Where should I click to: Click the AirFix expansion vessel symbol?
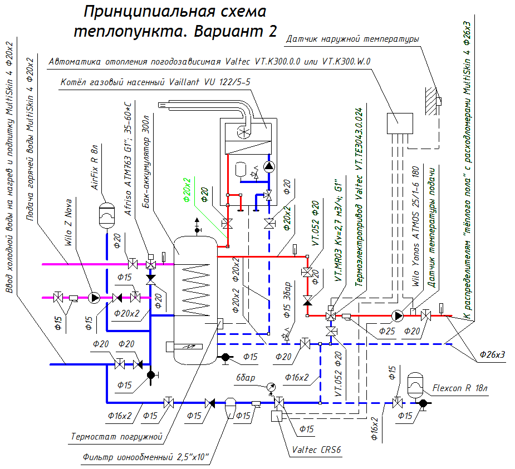[106, 215]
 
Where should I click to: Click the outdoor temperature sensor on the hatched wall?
[439, 101]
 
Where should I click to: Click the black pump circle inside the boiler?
[269, 166]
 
